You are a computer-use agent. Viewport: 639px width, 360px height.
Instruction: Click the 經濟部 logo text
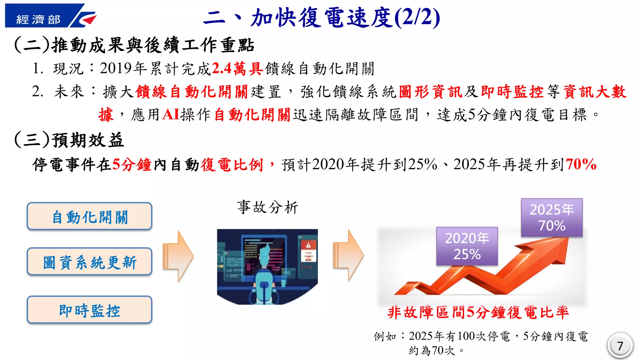pos(38,20)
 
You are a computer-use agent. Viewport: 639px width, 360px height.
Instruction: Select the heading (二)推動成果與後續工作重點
pos(134,45)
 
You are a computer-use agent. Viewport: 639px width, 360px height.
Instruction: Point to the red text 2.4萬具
pos(237,69)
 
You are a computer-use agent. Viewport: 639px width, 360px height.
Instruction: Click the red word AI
pos(171,115)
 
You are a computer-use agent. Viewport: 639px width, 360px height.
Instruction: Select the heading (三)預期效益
pos(69,140)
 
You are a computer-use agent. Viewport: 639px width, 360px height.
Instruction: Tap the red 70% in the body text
pos(581,164)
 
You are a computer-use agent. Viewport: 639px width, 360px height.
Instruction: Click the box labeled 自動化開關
pos(90,216)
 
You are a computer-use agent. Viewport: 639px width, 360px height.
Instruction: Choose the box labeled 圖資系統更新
pos(90,262)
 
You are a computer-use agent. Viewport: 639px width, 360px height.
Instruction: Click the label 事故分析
pos(267,207)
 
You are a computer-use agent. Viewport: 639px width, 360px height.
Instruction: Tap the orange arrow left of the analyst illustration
pos(178,256)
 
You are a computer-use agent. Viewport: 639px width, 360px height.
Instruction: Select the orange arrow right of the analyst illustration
pos(348,255)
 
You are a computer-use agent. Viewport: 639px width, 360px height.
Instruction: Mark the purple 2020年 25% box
pos(467,246)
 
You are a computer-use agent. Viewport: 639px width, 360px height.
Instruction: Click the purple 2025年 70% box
pos(552,217)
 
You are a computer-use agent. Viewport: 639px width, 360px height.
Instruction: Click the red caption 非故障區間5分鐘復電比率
pos(478,312)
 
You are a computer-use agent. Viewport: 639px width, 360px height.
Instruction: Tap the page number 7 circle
pos(620,345)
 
